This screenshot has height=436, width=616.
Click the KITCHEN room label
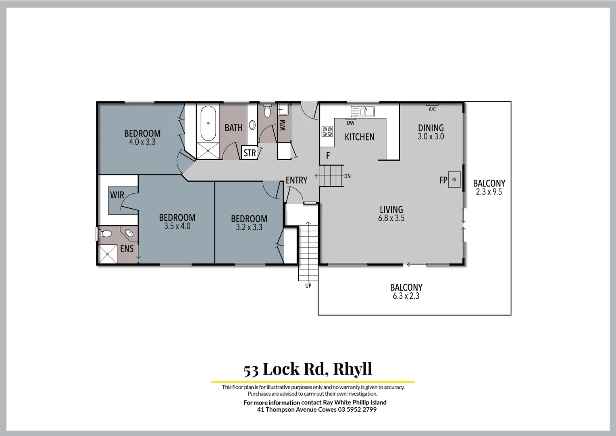359,137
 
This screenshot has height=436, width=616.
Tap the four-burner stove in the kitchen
327,131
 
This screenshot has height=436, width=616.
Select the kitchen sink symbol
362,111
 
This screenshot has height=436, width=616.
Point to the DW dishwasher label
350,123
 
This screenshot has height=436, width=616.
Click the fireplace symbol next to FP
454,179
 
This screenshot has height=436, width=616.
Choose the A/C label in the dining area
432,109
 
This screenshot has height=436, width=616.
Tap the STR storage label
250,153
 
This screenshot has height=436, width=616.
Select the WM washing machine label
282,124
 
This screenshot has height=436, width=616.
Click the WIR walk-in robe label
117,195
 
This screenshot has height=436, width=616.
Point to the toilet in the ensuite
106,234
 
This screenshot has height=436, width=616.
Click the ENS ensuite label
127,249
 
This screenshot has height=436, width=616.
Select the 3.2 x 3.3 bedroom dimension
249,227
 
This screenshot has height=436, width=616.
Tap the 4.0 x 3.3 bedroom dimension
142,142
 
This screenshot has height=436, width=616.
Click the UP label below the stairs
308,286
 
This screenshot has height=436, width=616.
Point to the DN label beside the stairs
347,176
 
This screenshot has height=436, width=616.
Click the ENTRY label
296,180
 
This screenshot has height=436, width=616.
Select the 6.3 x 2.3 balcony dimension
406,296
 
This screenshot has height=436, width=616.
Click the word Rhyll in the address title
352,369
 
